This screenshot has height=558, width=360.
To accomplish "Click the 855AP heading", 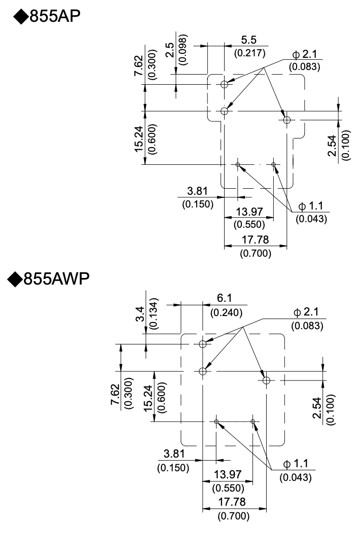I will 48,17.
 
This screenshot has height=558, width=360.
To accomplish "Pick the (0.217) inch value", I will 248,53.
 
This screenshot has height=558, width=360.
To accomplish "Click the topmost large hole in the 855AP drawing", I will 225,84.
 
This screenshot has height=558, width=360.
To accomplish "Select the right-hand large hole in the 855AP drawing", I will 287,120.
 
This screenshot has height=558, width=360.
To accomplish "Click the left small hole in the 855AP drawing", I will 238,164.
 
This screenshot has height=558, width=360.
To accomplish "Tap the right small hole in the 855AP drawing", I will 274,164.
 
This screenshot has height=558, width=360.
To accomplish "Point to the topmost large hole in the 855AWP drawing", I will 203,344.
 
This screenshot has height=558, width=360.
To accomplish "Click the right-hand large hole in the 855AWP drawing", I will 266,380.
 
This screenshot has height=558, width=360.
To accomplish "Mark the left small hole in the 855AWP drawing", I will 216,422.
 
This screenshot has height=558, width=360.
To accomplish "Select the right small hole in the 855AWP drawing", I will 253,422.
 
